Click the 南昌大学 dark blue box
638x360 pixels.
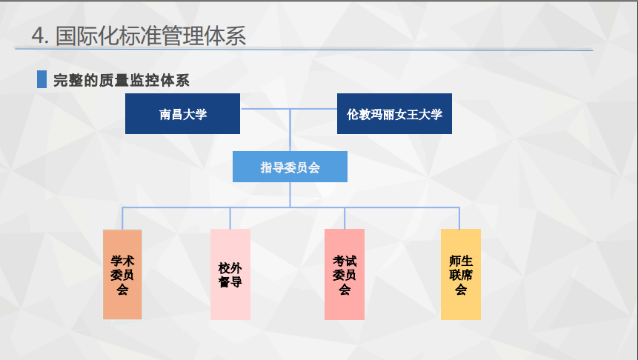pos(182,113)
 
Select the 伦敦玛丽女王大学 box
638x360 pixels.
pos(394,113)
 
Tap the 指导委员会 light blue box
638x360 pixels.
pos(290,167)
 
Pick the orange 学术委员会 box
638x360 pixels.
pos(122,275)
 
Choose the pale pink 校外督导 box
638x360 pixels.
pos(230,275)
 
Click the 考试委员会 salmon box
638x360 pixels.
pos(345,275)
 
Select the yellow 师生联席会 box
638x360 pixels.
pos(461,275)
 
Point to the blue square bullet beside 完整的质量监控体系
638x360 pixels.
pos(42,79)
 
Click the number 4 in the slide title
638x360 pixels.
pos(39,36)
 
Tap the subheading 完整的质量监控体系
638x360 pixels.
pos(122,80)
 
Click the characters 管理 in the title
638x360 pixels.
pos(182,36)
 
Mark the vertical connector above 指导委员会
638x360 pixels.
pos(290,130)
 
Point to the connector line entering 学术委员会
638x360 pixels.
pos(122,219)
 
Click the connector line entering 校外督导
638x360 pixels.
pos(230,219)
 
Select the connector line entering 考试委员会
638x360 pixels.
pos(345,219)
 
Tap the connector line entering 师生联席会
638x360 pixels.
pos(459,219)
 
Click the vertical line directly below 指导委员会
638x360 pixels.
pos(290,195)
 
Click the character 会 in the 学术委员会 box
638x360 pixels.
pos(122,289)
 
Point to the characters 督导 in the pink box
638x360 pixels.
pos(230,281)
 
